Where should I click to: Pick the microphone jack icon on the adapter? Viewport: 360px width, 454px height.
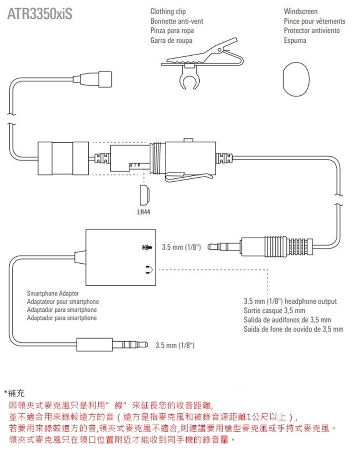point(147,247)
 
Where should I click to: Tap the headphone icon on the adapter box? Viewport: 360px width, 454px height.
point(147,269)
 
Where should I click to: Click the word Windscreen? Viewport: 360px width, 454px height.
point(300,11)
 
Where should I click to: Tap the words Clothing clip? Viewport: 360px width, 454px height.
point(168,11)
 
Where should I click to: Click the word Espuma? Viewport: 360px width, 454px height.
point(295,40)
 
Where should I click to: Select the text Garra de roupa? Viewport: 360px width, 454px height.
point(171,40)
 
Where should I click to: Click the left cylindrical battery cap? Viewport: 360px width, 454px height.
point(62,158)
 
